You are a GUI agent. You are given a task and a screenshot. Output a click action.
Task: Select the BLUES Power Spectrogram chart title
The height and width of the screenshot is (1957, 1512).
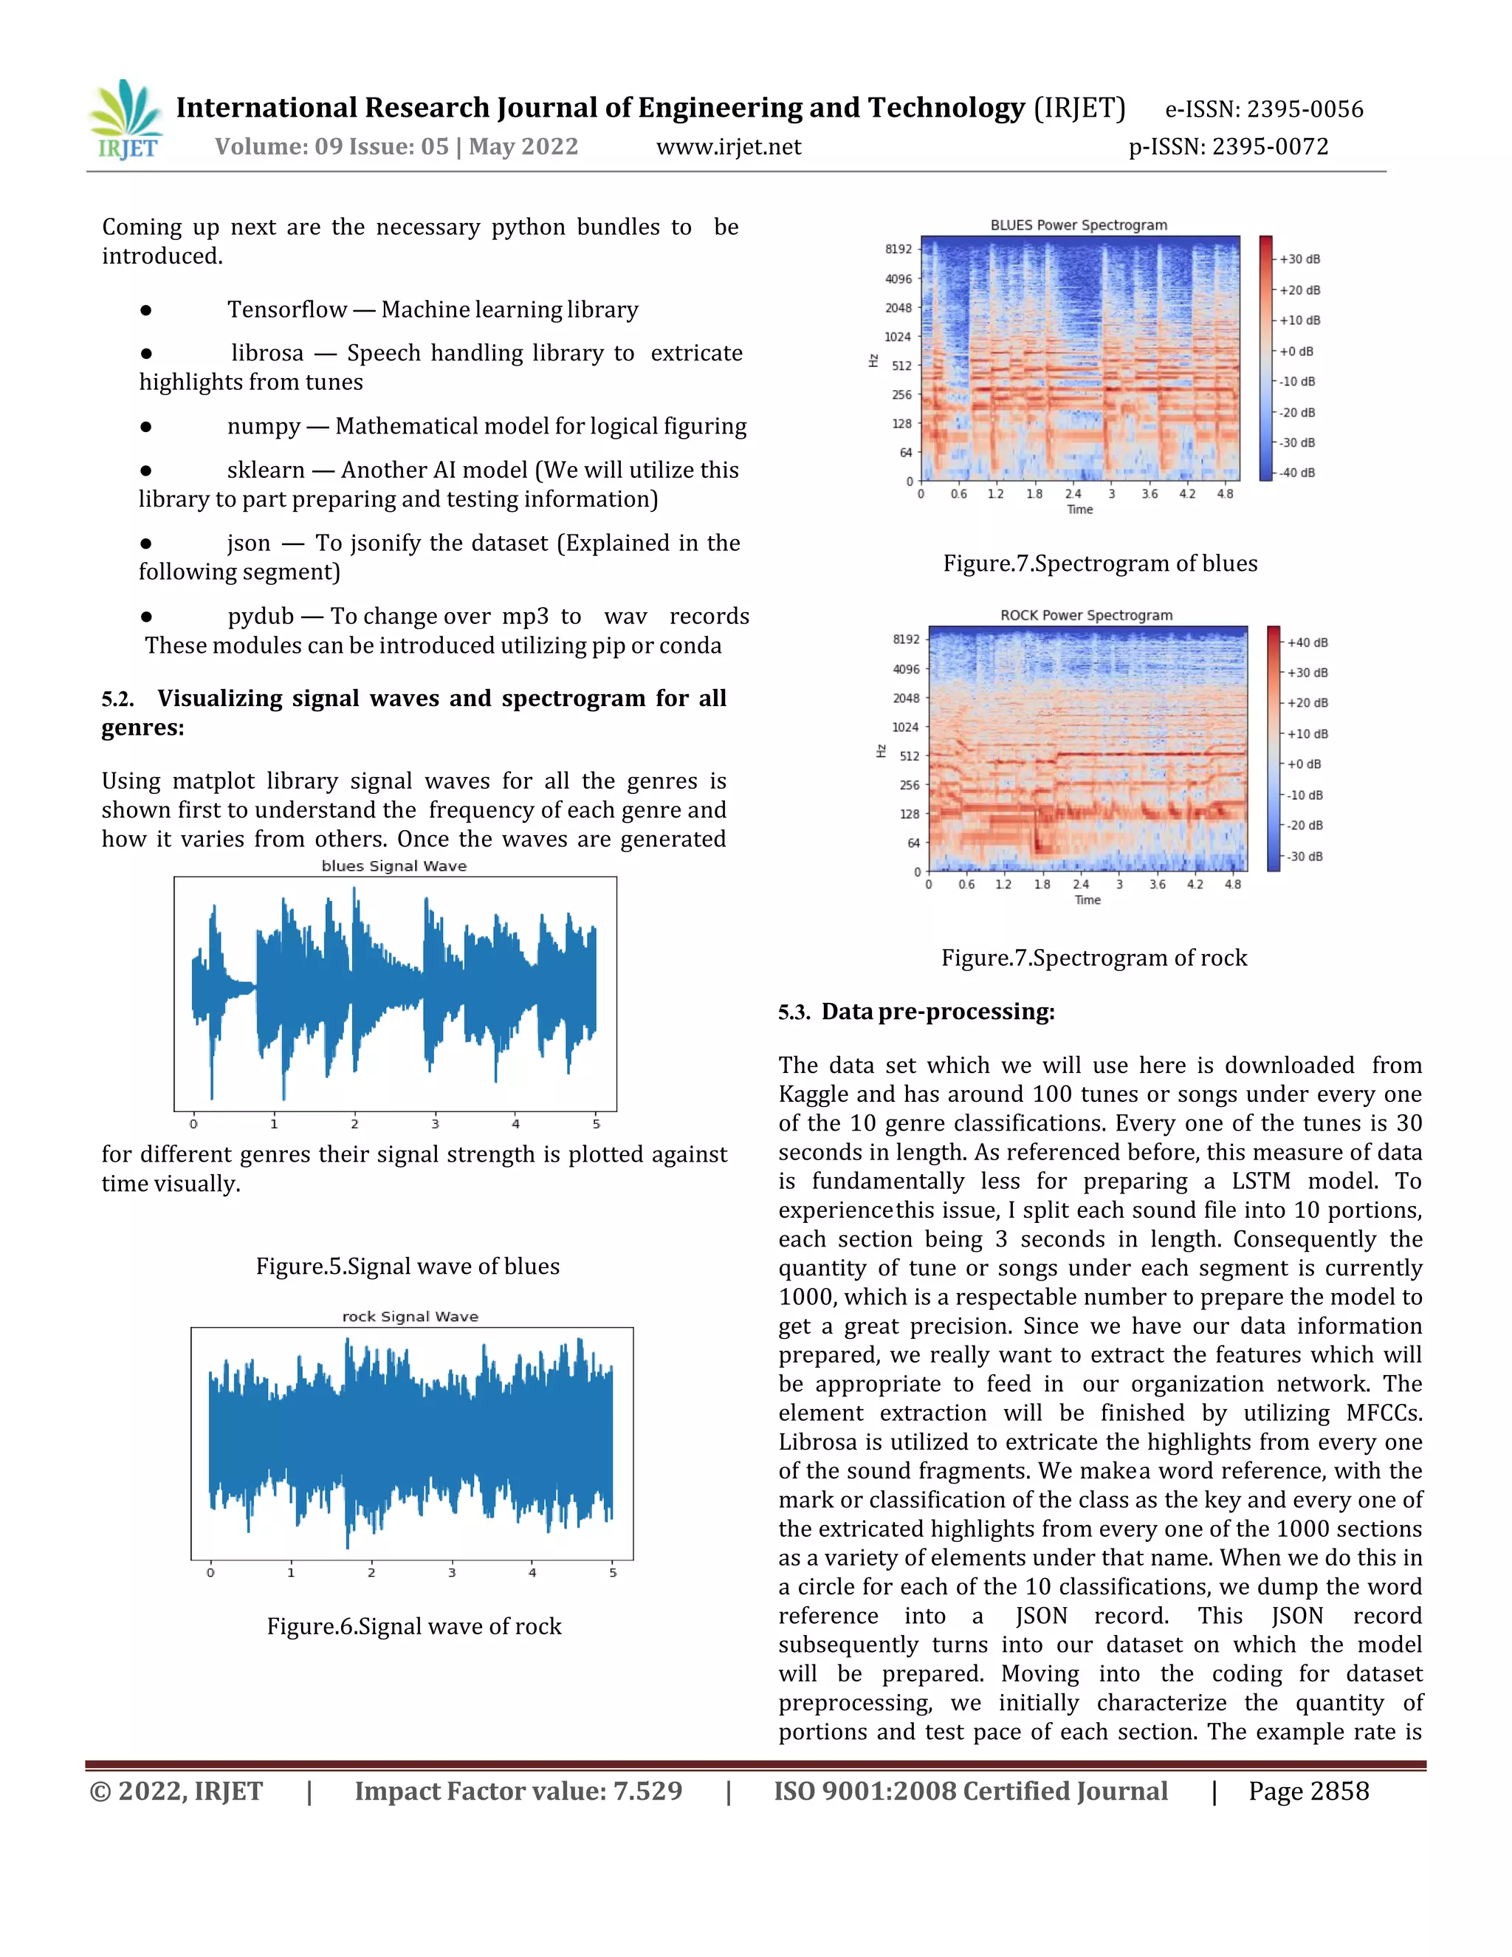click(x=1078, y=225)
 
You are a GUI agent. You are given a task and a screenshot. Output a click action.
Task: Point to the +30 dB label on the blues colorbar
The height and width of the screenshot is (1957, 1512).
click(x=1299, y=259)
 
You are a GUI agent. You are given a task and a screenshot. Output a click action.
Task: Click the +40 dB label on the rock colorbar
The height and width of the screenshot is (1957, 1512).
click(x=1307, y=642)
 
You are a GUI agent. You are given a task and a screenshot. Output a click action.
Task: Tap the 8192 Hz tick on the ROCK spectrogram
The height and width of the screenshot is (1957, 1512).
click(x=906, y=639)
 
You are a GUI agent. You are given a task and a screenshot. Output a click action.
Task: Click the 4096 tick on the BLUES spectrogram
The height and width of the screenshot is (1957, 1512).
click(x=898, y=278)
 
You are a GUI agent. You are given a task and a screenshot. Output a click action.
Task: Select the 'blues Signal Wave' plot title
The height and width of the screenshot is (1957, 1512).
click(x=394, y=866)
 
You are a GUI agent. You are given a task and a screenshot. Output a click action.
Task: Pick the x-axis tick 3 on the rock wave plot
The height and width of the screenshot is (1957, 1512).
click(x=451, y=1572)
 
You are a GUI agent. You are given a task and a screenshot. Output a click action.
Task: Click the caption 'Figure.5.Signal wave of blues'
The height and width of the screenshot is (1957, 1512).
click(x=408, y=1266)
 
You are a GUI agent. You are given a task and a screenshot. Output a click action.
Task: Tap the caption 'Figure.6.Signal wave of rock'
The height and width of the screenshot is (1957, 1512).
click(x=414, y=1626)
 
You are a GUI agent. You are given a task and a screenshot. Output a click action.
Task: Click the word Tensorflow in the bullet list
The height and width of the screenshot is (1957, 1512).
click(x=286, y=310)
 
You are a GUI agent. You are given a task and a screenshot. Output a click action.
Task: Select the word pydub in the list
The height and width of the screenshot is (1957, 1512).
click(x=261, y=617)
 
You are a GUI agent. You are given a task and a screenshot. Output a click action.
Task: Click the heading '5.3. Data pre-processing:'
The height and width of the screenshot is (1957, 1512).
click(x=916, y=1012)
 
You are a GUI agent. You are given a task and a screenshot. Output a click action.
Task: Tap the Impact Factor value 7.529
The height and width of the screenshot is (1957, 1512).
click(x=647, y=1792)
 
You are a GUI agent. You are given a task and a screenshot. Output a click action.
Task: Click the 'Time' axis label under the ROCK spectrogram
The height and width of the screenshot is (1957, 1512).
click(x=1087, y=899)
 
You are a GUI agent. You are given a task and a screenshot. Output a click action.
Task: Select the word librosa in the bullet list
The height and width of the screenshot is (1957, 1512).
click(x=267, y=353)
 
